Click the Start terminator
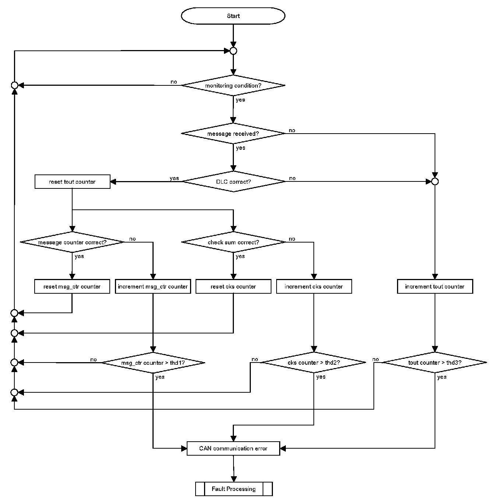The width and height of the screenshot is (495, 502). (x=233, y=16)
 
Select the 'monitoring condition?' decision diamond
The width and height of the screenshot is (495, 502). (x=233, y=85)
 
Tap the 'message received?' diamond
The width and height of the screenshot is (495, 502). (x=233, y=134)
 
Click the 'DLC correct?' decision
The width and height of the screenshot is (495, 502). (x=234, y=181)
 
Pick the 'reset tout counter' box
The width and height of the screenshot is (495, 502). (x=72, y=182)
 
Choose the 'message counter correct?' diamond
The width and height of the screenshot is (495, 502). (x=72, y=242)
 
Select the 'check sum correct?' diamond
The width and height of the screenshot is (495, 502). (x=233, y=242)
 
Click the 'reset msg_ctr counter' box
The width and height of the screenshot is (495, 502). (x=72, y=286)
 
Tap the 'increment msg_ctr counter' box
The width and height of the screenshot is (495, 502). (x=153, y=286)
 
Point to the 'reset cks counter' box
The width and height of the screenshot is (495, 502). (x=233, y=286)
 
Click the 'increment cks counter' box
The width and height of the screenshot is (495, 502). (x=314, y=286)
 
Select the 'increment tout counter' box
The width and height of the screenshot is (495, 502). (x=435, y=286)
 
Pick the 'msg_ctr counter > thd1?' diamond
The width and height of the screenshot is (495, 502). (x=153, y=363)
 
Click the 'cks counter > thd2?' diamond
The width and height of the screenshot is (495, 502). (x=314, y=363)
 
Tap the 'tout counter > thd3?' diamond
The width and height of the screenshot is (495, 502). (x=435, y=363)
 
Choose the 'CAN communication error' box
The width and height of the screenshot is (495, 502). (x=233, y=448)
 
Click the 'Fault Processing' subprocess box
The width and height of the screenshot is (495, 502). (x=234, y=489)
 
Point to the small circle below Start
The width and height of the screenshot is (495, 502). (x=233, y=51)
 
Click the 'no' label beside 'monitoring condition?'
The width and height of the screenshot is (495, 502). (x=174, y=82)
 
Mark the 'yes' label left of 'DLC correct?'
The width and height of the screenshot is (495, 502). (x=174, y=178)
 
